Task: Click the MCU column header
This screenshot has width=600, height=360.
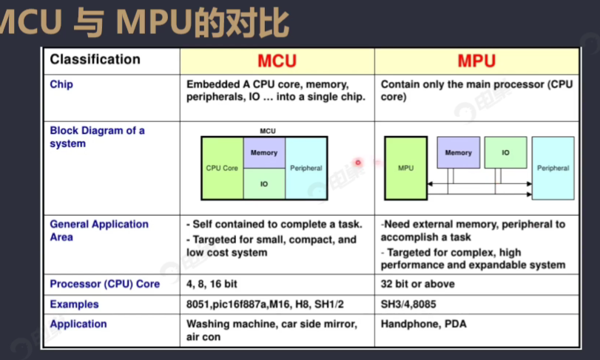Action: (x=277, y=61)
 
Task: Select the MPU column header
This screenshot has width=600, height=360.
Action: (x=476, y=61)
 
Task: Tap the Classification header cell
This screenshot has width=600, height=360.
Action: (x=95, y=60)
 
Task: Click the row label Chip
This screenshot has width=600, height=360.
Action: (x=61, y=84)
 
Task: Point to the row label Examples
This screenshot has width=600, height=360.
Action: (x=74, y=304)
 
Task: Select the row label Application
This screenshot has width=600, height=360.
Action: (x=78, y=324)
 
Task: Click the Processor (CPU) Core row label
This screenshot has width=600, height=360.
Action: (x=104, y=284)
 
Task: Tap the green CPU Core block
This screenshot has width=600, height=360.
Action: (x=222, y=168)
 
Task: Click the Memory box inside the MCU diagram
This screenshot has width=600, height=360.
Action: (x=264, y=153)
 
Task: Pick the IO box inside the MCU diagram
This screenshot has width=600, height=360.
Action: (x=264, y=184)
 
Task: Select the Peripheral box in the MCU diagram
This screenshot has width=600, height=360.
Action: (x=306, y=168)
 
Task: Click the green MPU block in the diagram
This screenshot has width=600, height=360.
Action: (x=405, y=168)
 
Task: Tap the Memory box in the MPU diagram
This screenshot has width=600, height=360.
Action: (x=458, y=153)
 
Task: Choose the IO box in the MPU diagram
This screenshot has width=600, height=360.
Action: (x=505, y=153)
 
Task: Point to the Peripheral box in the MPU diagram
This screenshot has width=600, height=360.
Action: (x=553, y=168)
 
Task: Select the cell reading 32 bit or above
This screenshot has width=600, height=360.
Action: (x=418, y=284)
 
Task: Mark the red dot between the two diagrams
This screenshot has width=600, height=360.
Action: (x=357, y=163)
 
